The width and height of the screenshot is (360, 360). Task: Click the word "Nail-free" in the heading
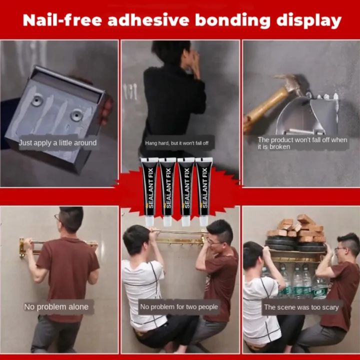[x=62, y=20]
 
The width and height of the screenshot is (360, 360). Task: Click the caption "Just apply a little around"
[x=57, y=143]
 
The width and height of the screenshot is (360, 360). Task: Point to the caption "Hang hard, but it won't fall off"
[x=177, y=143]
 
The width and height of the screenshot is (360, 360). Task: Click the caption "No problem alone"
[x=56, y=306]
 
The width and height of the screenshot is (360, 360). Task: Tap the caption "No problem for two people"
[x=179, y=306]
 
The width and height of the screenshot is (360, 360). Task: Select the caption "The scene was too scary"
[x=301, y=307]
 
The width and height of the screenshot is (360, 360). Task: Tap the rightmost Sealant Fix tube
[x=204, y=191]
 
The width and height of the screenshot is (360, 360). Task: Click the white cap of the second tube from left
[x=167, y=221]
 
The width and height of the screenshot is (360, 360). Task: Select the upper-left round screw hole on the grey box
[x=37, y=100]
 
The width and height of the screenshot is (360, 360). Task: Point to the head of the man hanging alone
[x=70, y=219]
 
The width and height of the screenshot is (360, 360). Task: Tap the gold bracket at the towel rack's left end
[x=22, y=247]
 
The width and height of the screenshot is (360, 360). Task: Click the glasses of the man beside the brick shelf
[x=340, y=249]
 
